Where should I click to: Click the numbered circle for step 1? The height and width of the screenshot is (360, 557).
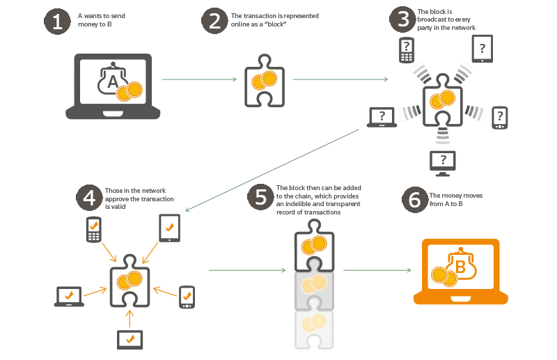tap(57, 22)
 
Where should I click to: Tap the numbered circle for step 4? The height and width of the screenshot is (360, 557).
tap(89, 198)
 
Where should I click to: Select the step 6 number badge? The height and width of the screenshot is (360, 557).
tap(414, 200)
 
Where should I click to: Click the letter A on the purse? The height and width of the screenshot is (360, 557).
tap(113, 81)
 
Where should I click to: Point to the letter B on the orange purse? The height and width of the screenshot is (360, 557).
tap(460, 267)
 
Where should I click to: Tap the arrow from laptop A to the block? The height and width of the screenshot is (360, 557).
tap(199, 79)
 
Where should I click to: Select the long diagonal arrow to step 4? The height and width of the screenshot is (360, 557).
tap(272, 170)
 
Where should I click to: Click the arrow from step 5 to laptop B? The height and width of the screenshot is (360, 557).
tap(377, 270)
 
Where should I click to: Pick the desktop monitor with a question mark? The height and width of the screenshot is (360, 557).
tap(443, 164)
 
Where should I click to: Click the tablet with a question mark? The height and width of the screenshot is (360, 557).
tap(482, 49)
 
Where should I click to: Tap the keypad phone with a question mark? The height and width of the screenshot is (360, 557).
tap(407, 50)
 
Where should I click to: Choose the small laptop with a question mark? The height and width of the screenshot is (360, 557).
tap(382, 117)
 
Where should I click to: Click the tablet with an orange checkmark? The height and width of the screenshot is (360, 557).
tap(169, 228)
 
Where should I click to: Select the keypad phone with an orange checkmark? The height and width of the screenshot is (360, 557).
tap(94, 230)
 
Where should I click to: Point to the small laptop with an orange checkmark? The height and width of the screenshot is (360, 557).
tap(69, 297)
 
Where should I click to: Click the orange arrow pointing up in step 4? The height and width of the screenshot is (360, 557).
tap(130, 318)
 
